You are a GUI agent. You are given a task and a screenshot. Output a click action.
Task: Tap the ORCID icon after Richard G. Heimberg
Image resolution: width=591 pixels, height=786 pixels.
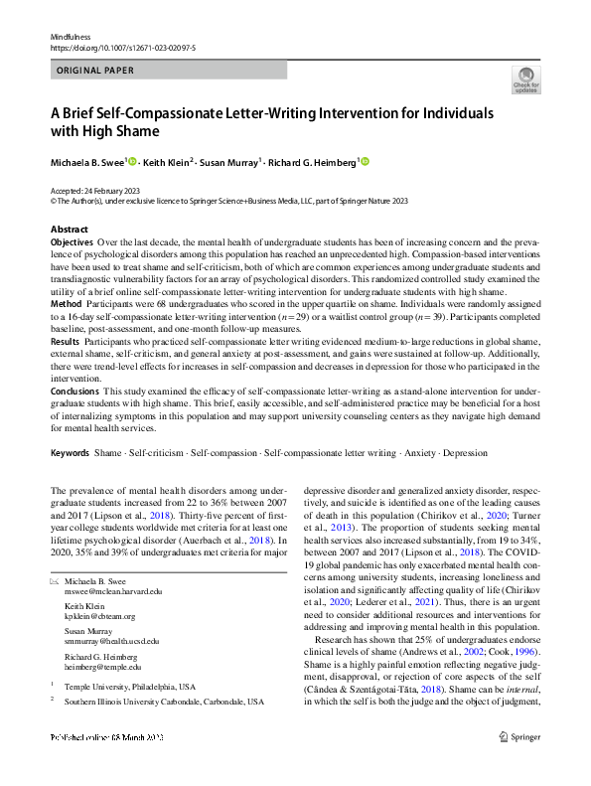(364, 161)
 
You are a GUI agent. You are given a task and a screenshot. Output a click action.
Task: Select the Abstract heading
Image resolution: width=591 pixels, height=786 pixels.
(69, 230)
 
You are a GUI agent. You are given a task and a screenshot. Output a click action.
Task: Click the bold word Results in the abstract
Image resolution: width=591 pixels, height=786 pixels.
(67, 340)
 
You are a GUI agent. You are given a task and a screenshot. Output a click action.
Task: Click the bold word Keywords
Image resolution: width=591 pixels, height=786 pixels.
(70, 453)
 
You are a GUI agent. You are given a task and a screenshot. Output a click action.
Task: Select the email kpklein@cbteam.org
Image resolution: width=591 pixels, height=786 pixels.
(106, 616)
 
